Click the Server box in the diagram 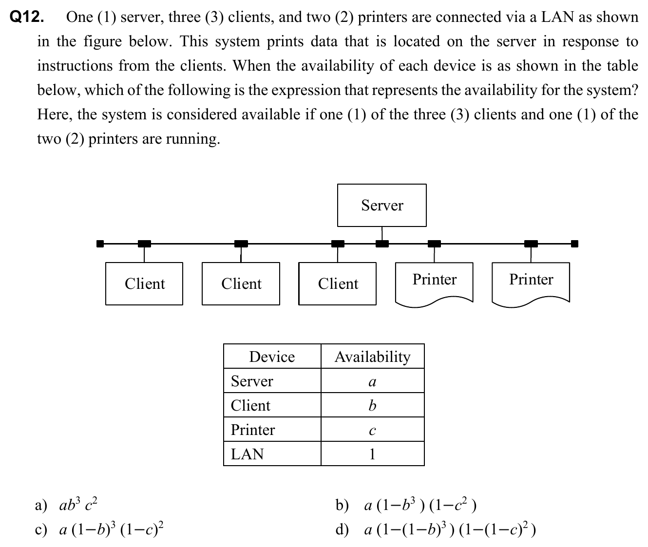pyautogui.click(x=381, y=205)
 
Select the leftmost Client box pyautogui.click(x=144, y=283)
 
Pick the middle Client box pyautogui.click(x=241, y=283)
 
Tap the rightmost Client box pyautogui.click(x=337, y=283)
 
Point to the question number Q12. pyautogui.click(x=27, y=18)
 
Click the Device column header pyautogui.click(x=272, y=357)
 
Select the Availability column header pyautogui.click(x=372, y=357)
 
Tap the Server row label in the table pyautogui.click(x=252, y=381)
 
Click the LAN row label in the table pyautogui.click(x=247, y=454)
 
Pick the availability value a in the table pyautogui.click(x=372, y=382)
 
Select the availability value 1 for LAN pyautogui.click(x=372, y=454)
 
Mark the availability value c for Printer pyautogui.click(x=372, y=431)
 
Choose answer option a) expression pyautogui.click(x=78, y=504)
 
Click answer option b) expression pyautogui.click(x=420, y=504)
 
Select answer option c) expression pyautogui.click(x=112, y=528)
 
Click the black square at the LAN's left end pyautogui.click(x=100, y=244)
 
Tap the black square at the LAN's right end pyautogui.click(x=574, y=244)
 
